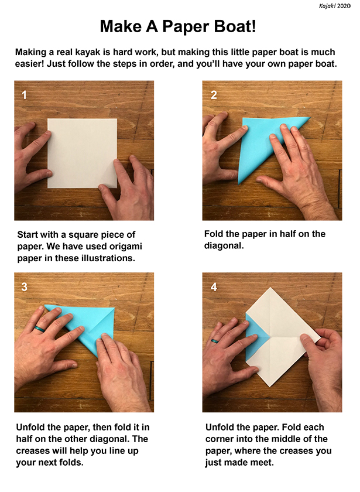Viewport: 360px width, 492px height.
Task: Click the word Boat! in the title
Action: click(x=231, y=26)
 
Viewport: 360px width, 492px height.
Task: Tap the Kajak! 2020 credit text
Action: click(x=335, y=6)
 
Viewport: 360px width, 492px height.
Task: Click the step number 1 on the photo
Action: click(x=24, y=95)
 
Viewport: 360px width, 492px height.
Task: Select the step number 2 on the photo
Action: click(x=214, y=95)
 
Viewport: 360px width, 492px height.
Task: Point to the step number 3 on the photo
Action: click(x=24, y=287)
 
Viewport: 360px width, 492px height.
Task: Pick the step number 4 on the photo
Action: click(x=214, y=287)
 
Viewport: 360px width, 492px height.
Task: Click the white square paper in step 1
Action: click(x=82, y=153)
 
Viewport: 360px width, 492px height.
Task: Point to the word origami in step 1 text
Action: click(x=125, y=247)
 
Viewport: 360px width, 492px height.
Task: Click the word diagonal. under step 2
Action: click(x=224, y=245)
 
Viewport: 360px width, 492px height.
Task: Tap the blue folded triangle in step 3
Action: click(x=84, y=324)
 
